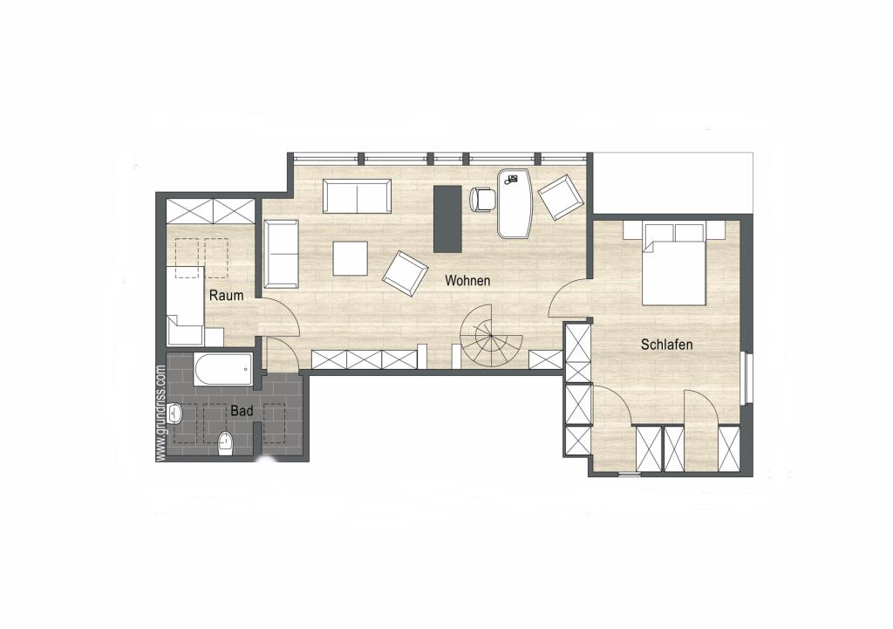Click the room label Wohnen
tap(467, 281)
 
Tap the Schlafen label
tap(666, 345)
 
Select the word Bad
tap(241, 409)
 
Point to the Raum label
tap(225, 296)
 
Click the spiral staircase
tap(490, 337)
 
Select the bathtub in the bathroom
tap(223, 370)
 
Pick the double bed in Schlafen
tap(673, 264)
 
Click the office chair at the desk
tap(482, 200)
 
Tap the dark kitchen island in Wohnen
tap(447, 218)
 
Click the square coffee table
tap(350, 258)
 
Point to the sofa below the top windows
tap(357, 196)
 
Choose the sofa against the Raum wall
tap(281, 254)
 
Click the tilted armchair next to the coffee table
tap(405, 273)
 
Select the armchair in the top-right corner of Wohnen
tap(560, 197)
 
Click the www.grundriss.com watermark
tap(160, 413)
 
